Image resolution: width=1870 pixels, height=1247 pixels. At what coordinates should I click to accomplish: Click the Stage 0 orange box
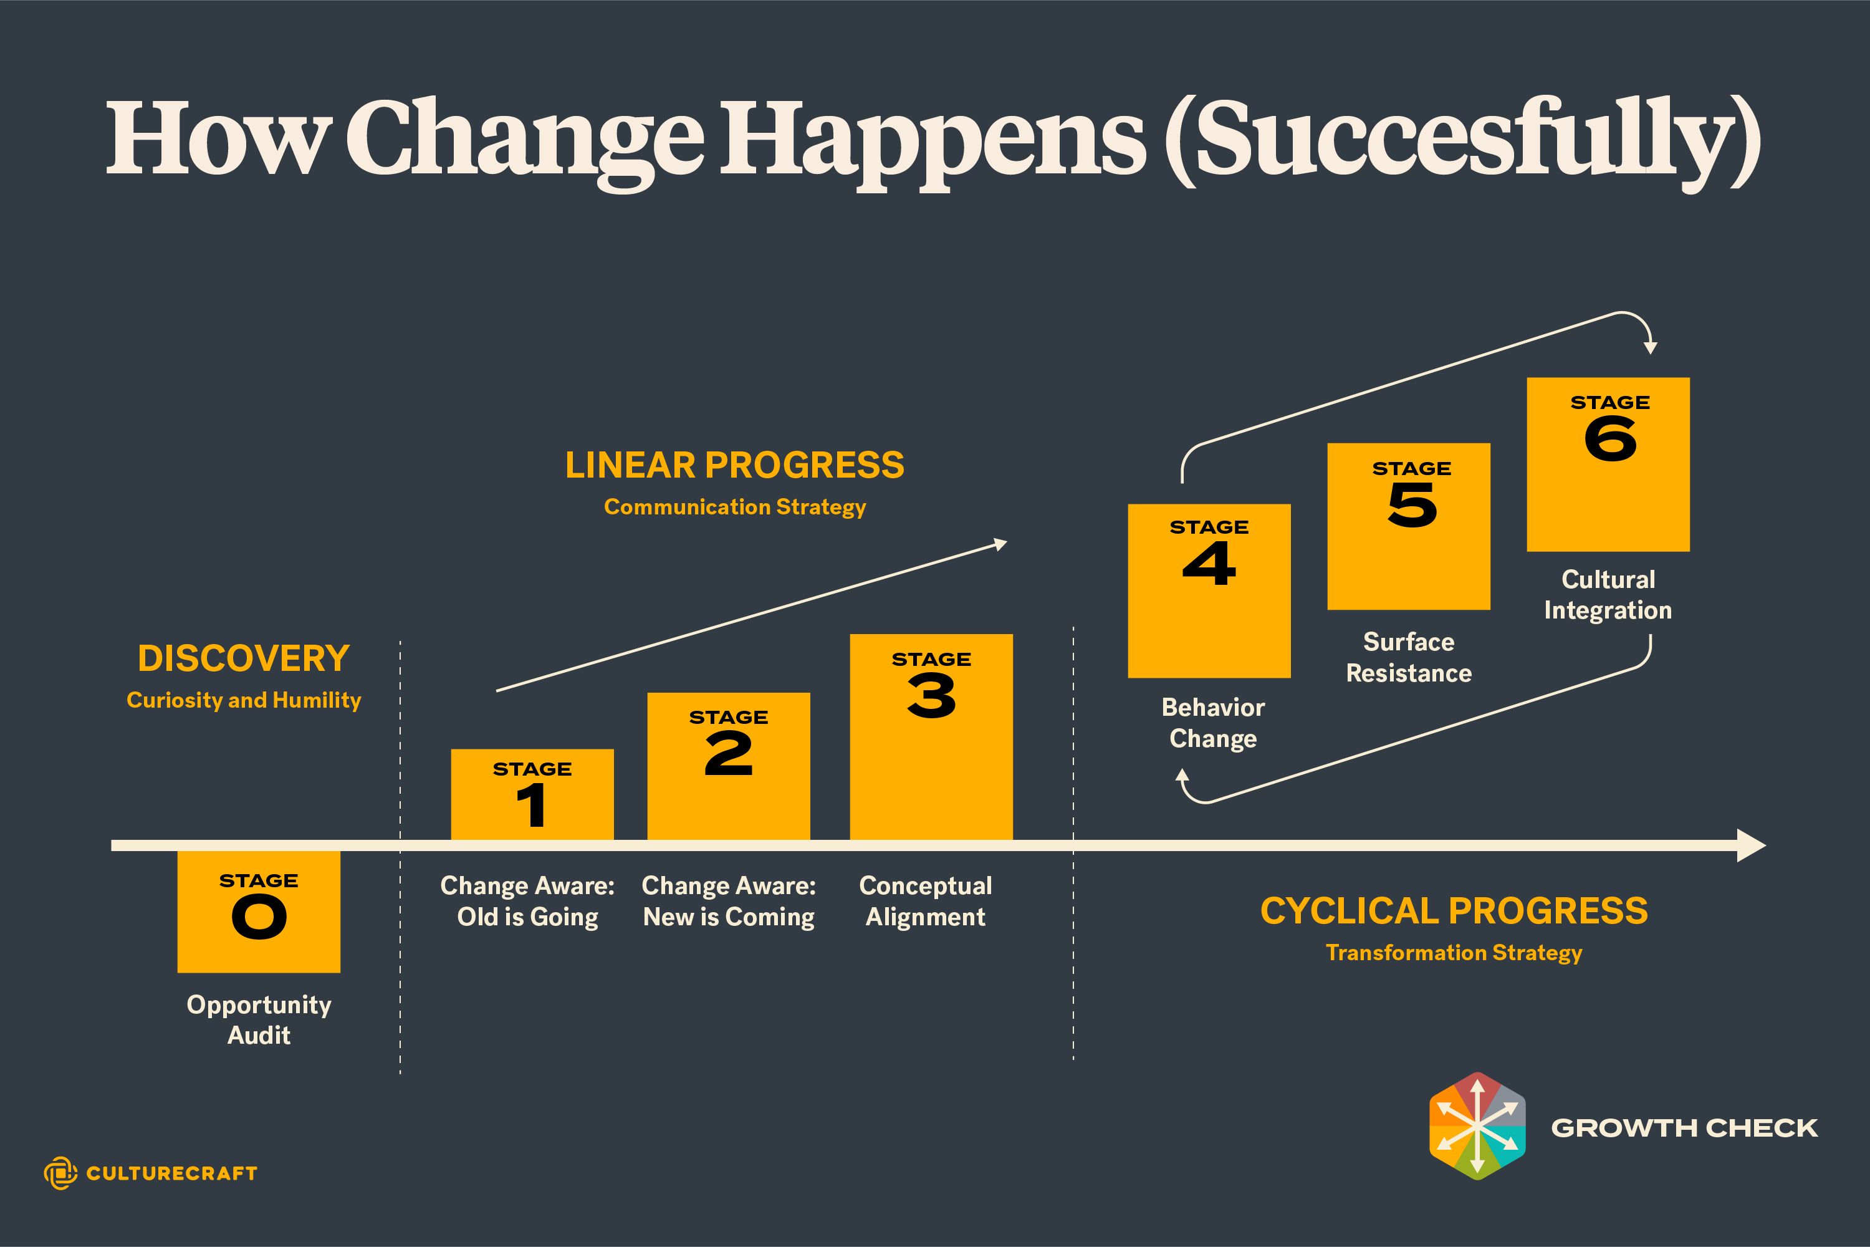pos(259,912)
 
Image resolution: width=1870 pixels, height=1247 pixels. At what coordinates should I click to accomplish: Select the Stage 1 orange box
pos(532,794)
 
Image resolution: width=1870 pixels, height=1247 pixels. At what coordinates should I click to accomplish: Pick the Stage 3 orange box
pos(931,736)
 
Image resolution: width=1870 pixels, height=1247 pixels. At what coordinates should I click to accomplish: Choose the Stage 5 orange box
pos(1409,526)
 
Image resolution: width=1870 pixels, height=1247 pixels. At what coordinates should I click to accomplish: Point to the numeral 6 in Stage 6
pos(1610,440)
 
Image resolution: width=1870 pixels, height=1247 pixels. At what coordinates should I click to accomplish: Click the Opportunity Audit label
pos(259,1019)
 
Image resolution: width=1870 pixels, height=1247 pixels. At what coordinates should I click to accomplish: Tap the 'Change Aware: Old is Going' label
pos(528,901)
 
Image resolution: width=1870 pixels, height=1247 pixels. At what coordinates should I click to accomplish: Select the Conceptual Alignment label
pos(926,901)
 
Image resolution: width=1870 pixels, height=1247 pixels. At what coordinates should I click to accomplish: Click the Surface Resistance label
pos(1409,658)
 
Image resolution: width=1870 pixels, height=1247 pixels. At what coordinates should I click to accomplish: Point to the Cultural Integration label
pos(1608,595)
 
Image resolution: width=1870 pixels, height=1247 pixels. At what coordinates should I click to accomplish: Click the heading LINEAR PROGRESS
pos(735,465)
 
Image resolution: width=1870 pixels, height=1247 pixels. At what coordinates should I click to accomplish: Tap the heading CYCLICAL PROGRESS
pos(1454,910)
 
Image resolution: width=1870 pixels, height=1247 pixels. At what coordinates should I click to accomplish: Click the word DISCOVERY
pos(244,658)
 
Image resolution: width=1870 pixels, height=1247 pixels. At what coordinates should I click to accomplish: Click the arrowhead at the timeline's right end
pos(1752,845)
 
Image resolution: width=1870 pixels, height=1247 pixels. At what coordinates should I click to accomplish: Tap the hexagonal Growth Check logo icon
pos(1477,1126)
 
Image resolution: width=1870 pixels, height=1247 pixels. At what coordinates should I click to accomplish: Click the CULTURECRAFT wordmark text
pos(172,1174)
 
